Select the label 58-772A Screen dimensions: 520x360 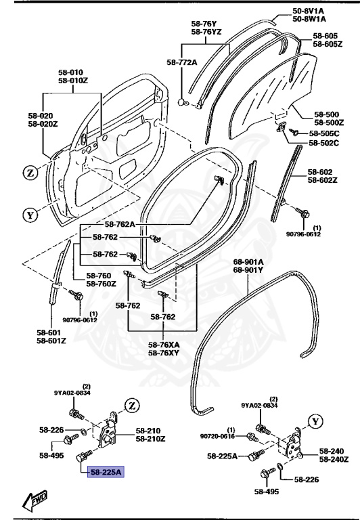point(181,62)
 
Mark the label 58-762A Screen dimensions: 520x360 point(120,224)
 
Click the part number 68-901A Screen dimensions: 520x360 point(248,261)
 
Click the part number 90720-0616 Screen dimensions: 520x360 point(217,436)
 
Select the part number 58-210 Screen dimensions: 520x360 point(148,430)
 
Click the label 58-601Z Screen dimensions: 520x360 point(51,340)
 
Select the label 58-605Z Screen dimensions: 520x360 point(328,44)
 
